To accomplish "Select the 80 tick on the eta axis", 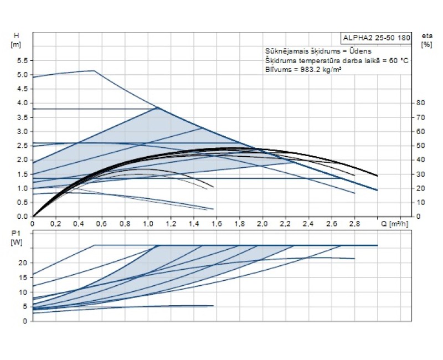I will point(421,103).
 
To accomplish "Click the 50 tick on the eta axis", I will point(421,146).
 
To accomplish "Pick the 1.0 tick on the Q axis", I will point(147,224).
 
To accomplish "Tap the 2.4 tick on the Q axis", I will point(308,224).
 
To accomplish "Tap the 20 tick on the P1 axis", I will point(23,263).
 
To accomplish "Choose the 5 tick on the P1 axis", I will point(24,306).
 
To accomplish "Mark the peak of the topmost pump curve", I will point(94,71).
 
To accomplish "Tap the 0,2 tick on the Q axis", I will point(55,224).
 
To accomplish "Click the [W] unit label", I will point(16,243).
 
